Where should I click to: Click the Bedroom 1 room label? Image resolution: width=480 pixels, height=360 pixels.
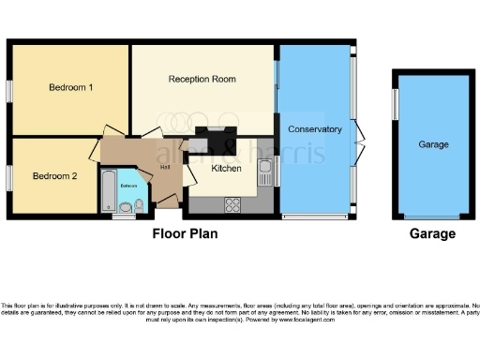click(x=70, y=88)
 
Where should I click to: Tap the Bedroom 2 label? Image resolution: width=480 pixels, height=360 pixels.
click(x=53, y=175)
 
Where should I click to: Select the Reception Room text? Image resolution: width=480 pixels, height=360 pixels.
click(x=202, y=80)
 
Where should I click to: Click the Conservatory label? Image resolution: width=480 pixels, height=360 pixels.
click(x=314, y=128)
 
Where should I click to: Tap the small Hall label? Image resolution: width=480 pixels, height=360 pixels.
click(x=165, y=167)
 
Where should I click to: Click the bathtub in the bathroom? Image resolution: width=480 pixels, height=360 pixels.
click(x=107, y=192)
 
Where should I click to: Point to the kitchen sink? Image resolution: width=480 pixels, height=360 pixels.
click(x=265, y=173)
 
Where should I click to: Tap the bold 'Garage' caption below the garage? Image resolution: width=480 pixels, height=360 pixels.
click(x=433, y=234)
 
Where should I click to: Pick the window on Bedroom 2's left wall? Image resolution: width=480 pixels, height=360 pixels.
click(x=9, y=176)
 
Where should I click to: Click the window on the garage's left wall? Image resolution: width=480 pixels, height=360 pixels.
click(x=395, y=103)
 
